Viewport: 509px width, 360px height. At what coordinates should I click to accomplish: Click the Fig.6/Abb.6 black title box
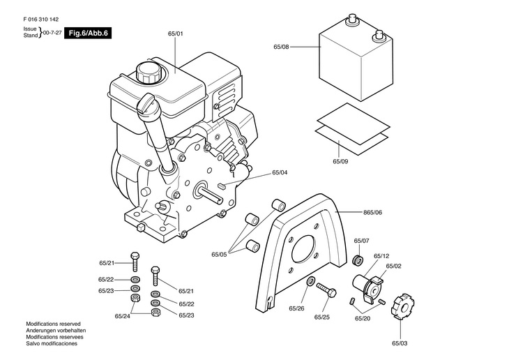coord(88,33)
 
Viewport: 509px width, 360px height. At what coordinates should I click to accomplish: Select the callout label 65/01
coord(176,33)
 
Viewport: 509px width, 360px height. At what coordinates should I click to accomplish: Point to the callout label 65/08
coord(281,47)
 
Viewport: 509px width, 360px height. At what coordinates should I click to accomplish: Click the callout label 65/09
coord(340,161)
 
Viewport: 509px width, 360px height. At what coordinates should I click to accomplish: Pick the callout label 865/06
coord(372,213)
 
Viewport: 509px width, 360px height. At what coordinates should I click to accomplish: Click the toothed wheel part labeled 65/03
coord(402,306)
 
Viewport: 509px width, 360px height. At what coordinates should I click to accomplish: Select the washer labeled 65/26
coord(311,281)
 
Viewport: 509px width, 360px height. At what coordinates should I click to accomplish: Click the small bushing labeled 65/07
coord(358,260)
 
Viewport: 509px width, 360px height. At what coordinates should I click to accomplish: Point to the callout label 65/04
coord(280,172)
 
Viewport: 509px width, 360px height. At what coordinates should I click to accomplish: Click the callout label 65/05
coord(219,255)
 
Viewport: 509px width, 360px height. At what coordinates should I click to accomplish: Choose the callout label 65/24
coord(123,316)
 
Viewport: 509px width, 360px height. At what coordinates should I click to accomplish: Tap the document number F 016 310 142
coord(41,20)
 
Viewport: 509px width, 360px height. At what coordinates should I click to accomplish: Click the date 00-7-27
coord(52,33)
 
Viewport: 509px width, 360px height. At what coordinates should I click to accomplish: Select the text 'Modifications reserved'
coord(53,324)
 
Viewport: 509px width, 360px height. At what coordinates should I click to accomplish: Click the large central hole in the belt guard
coord(304,249)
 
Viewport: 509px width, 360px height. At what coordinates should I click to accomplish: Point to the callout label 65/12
coord(381,256)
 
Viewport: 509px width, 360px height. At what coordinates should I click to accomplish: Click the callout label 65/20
coord(363,318)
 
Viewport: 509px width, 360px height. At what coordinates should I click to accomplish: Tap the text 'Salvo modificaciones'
coord(52,343)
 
